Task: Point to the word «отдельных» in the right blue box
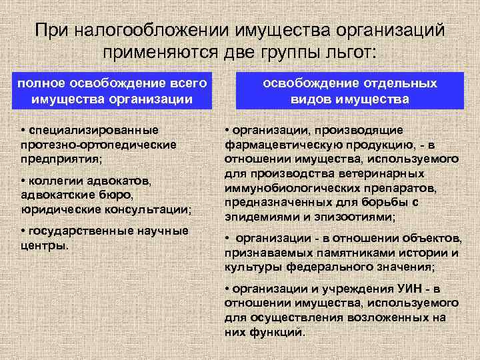(405, 83)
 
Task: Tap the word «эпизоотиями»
(363, 217)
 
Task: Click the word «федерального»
(330, 267)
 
